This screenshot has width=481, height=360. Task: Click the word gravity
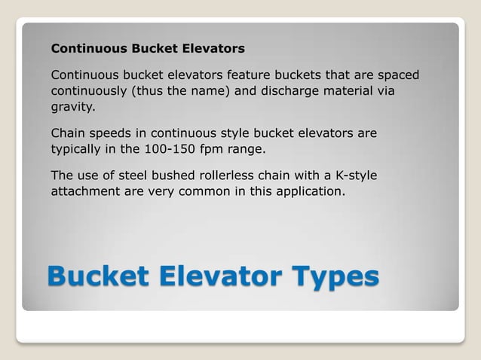pos(73,107)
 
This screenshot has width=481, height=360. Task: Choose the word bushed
pos(172,175)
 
